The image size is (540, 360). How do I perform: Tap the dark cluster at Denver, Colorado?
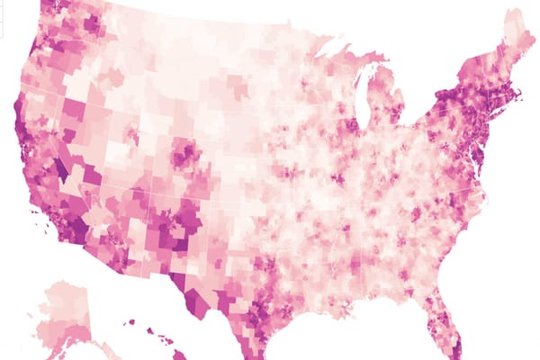(186, 154)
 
